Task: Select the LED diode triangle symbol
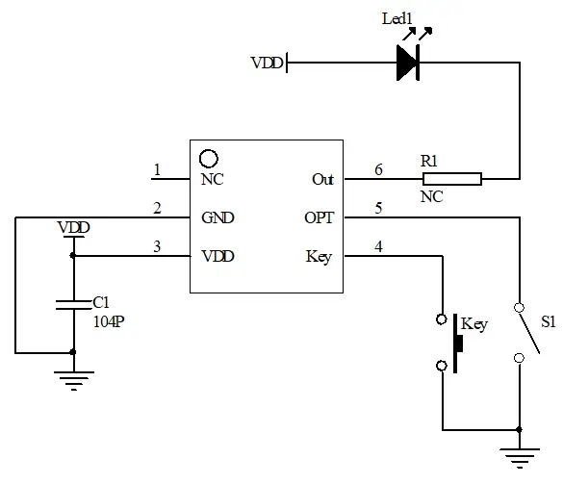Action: tap(408, 64)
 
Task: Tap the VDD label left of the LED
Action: tap(267, 64)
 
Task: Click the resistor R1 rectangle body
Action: tap(451, 178)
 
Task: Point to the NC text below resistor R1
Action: tap(433, 195)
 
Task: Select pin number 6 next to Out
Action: tap(378, 170)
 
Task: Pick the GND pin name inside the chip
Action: tap(218, 217)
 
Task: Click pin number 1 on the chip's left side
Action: tap(156, 170)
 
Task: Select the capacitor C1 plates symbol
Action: tap(74, 305)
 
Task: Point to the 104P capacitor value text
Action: tap(108, 321)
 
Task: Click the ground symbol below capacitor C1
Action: tap(74, 379)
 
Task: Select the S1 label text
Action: tap(547, 323)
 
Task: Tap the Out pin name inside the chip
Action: tap(322, 179)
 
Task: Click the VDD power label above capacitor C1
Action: tap(73, 228)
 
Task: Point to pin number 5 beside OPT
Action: tap(378, 209)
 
